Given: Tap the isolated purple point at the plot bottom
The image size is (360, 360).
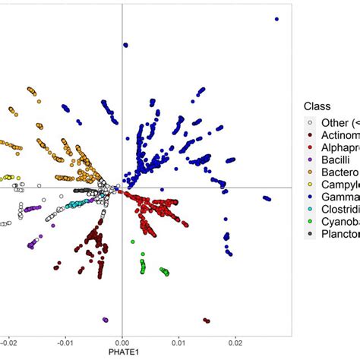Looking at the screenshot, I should pos(106,320).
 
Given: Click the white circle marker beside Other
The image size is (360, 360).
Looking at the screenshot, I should pos(309,122).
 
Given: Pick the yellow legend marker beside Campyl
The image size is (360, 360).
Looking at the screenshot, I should pos(309,186).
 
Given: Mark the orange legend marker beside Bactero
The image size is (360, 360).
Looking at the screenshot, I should pos(309,173).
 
